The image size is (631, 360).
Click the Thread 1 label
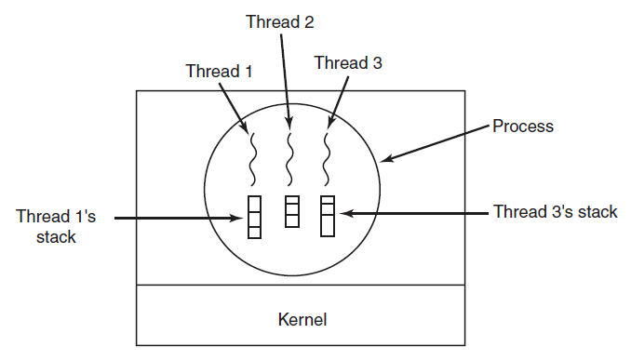coord(219,72)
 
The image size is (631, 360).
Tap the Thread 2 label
coord(280,21)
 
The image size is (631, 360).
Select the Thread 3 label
coord(348,62)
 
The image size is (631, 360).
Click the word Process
coord(523,126)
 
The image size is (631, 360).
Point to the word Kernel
coord(302,319)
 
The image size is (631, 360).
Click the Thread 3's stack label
coord(556,211)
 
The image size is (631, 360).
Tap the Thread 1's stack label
coord(56,226)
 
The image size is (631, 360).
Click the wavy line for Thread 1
coord(253,159)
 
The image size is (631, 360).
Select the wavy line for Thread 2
coord(289,159)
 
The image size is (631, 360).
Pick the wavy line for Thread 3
coord(327,159)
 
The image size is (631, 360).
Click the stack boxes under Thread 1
coord(254,217)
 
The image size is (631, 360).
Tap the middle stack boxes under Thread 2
coord(291,211)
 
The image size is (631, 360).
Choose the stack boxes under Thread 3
coord(328,216)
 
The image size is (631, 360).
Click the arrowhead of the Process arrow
coord(385,159)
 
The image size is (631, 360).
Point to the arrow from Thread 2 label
coord(286,81)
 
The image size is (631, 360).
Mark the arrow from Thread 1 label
coord(234,108)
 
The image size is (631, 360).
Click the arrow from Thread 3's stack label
coord(414,213)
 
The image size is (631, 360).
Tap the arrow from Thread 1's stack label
coord(179,218)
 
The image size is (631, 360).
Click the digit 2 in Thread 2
coord(309,21)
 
